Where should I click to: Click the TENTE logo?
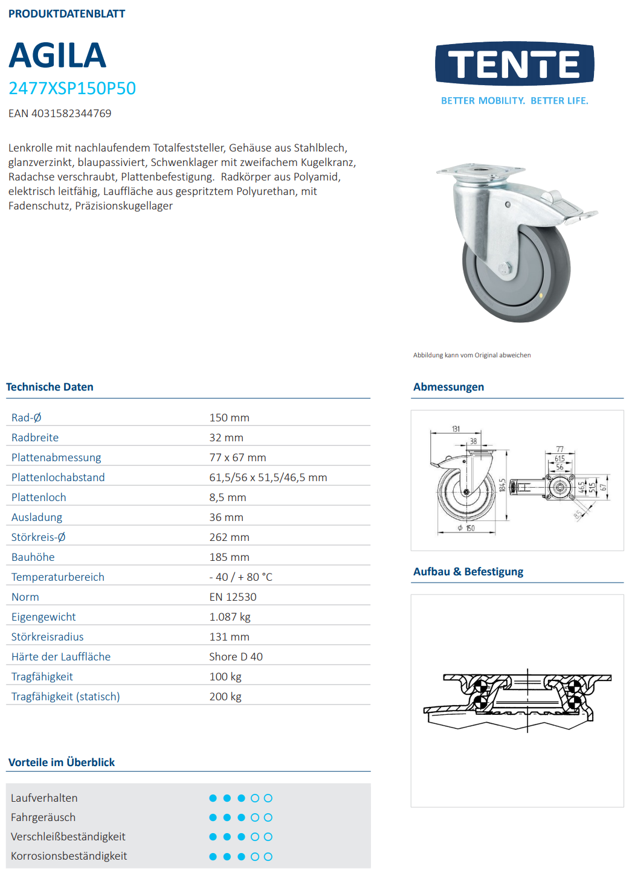click(514, 63)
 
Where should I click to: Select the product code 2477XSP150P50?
click(72, 88)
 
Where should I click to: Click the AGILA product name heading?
click(57, 56)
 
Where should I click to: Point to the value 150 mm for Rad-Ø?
click(229, 418)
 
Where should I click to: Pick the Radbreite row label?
click(35, 438)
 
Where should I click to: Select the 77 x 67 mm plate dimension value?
click(237, 458)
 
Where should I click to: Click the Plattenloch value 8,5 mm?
click(228, 497)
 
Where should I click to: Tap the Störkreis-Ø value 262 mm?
click(229, 537)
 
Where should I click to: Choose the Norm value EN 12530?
click(233, 597)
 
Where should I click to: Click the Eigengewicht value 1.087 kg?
click(230, 617)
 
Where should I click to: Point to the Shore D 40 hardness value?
click(236, 657)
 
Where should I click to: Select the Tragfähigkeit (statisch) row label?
click(65, 697)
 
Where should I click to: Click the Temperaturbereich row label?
click(57, 577)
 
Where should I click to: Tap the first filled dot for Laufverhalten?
click(213, 798)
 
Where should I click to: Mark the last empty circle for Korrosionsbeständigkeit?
click(268, 857)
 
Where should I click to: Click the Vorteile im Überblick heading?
click(62, 762)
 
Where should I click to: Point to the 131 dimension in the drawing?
click(456, 429)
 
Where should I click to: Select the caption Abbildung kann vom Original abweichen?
click(472, 356)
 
